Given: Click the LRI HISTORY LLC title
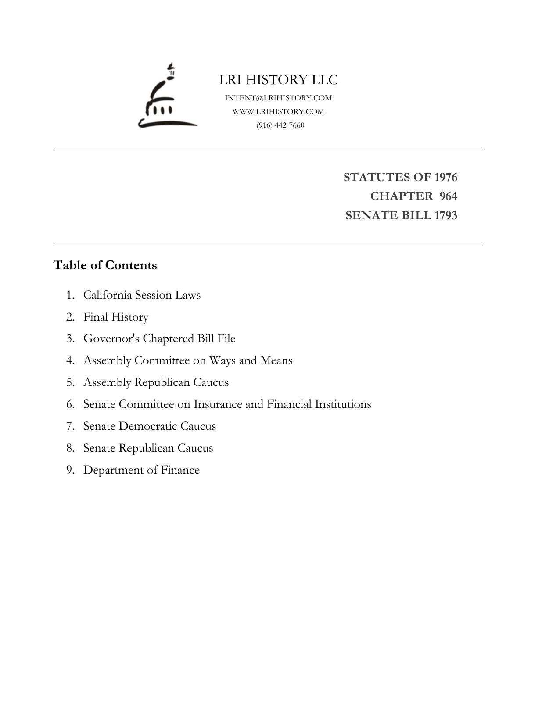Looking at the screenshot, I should pyautogui.click(x=278, y=80).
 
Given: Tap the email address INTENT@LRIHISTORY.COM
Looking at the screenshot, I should pyautogui.click(x=278, y=98).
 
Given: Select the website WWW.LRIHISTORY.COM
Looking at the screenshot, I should pyautogui.click(x=278, y=111).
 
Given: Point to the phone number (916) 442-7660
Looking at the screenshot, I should pyautogui.click(x=280, y=125).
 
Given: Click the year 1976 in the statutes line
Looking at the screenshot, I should pyautogui.click(x=445, y=177).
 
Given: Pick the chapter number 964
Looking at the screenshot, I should pyautogui.click(x=448, y=196).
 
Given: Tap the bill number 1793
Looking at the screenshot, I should pyautogui.click(x=445, y=215).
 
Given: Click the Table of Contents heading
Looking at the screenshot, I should pyautogui.click(x=105, y=265).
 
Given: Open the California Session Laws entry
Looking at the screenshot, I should pyautogui.click(x=142, y=295).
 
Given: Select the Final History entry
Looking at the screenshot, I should pyautogui.click(x=116, y=317).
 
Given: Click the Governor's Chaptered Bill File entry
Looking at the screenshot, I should pyautogui.click(x=159, y=339).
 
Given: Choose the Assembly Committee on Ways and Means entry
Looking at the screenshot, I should pyautogui.click(x=188, y=360).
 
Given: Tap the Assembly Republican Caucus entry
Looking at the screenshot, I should pyautogui.click(x=156, y=382).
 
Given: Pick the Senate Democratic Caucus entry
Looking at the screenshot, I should pyautogui.click(x=150, y=426).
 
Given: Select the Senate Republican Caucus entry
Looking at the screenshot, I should pyautogui.click(x=148, y=448).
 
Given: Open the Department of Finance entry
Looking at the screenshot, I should pyautogui.click(x=141, y=470).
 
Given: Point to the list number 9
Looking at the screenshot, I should pyautogui.click(x=70, y=470).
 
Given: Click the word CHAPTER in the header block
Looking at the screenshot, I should pyautogui.click(x=401, y=196).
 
